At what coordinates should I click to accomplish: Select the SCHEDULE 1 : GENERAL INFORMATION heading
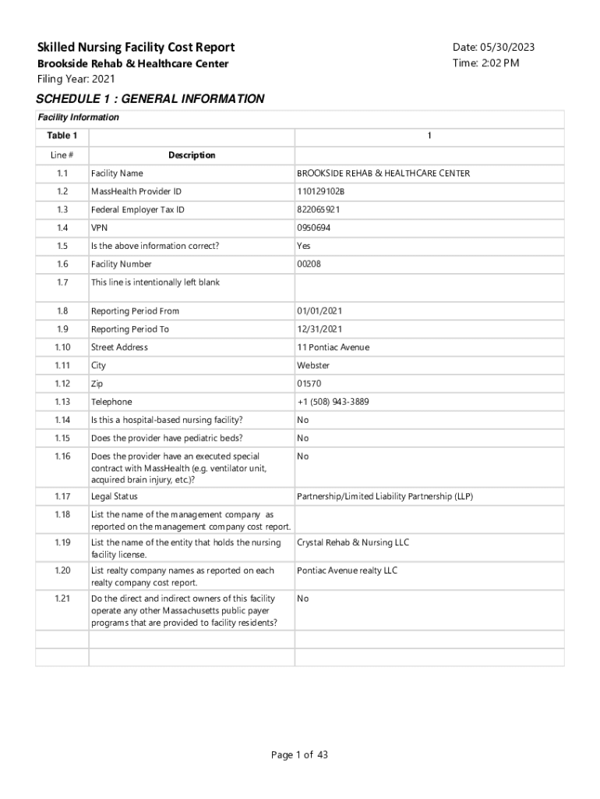[x=150, y=99]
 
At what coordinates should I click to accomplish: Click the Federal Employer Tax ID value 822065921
[x=318, y=210]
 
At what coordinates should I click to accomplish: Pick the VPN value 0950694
[x=314, y=228]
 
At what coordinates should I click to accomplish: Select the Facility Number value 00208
[x=309, y=265]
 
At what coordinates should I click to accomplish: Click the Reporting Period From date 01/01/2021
[x=319, y=311]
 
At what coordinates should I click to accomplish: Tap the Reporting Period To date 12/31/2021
[x=319, y=329]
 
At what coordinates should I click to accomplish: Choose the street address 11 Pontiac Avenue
[x=333, y=347]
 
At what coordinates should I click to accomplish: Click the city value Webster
[x=313, y=365]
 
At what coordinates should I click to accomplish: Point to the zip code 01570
[x=309, y=384]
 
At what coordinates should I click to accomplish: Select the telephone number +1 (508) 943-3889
[x=333, y=402]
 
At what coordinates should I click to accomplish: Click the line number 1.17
[x=62, y=496]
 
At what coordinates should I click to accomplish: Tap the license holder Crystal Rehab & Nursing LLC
[x=353, y=542]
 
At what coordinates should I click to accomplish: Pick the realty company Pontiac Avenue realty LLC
[x=347, y=570]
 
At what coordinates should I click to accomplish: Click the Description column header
[x=192, y=155]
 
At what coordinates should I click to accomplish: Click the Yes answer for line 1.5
[x=304, y=246]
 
